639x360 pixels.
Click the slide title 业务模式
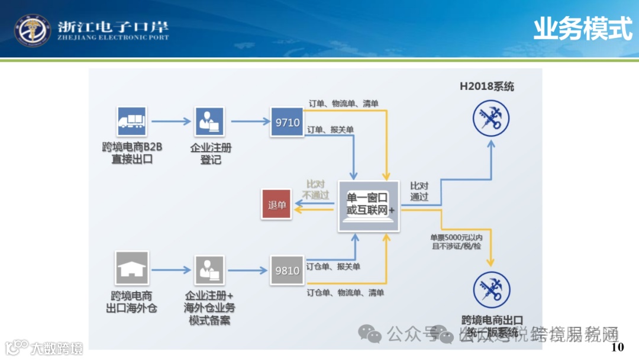click(x=582, y=28)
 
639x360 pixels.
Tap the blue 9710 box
click(x=287, y=122)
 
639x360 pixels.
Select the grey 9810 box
click(x=287, y=270)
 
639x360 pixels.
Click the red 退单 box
click(x=277, y=205)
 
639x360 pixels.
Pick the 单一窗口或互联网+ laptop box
click(x=369, y=205)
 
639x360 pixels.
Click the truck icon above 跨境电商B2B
click(x=132, y=121)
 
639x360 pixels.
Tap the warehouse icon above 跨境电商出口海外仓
click(x=131, y=268)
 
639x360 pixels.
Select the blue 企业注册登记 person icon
click(x=209, y=121)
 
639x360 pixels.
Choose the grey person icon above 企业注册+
click(x=209, y=269)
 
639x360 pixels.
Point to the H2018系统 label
click(x=487, y=86)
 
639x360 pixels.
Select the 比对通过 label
click(x=419, y=191)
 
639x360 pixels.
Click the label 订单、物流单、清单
click(x=343, y=104)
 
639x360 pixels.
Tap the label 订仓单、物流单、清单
click(x=345, y=292)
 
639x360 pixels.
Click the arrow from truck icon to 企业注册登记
click(x=170, y=121)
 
